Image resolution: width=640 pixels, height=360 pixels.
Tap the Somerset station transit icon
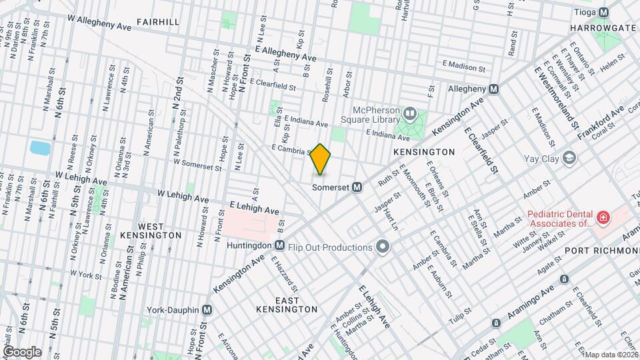point(357,187)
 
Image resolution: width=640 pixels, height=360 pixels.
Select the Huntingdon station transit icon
point(279,245)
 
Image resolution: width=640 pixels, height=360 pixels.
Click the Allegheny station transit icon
point(493,89)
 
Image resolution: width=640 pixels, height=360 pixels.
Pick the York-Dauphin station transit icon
point(207,310)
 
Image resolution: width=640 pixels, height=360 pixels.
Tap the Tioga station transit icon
point(604,12)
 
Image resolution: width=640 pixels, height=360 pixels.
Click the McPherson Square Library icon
point(409,114)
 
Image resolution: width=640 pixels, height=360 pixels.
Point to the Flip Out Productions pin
point(383,247)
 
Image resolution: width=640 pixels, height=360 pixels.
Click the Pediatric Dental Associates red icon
point(602,217)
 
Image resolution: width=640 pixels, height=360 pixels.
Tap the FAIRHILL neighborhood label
point(158,22)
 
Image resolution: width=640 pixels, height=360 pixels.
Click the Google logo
point(21,352)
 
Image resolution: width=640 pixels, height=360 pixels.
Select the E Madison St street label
point(465,66)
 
